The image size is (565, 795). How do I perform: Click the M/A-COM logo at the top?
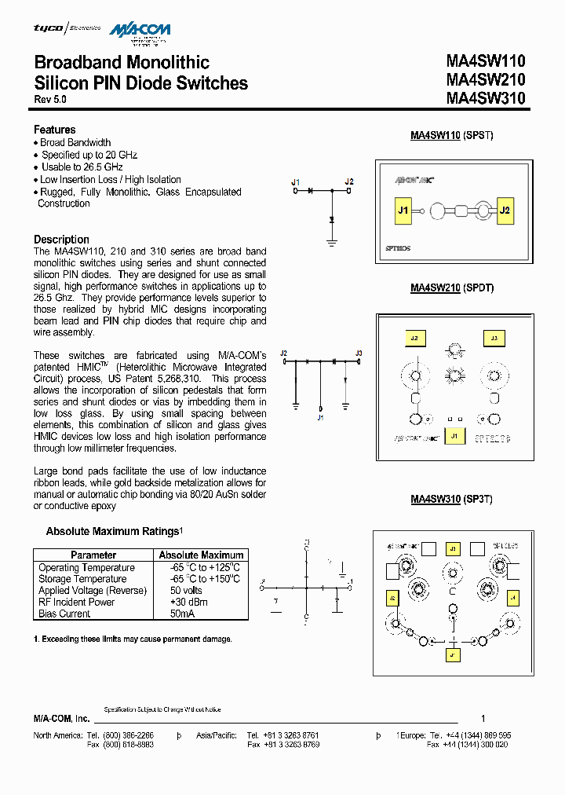pos(140,31)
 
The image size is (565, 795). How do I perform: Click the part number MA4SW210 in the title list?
pos(485,79)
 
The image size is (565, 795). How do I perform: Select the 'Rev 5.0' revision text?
pos(50,100)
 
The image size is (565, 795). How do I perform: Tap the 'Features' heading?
pos(55,130)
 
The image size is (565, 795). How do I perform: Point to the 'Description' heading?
pos(61,240)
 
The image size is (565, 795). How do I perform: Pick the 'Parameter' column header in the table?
pos(93,555)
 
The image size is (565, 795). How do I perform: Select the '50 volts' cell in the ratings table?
pos(186,591)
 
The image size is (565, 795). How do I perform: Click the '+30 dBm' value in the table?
pos(186,602)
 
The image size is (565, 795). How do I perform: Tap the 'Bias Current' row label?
pos(64,614)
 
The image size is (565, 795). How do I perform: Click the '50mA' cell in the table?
pos(182,614)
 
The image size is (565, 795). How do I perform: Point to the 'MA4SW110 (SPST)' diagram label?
pos(452,135)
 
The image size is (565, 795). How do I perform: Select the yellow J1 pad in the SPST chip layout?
pos(403,211)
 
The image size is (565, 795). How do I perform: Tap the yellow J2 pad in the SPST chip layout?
pos(505,211)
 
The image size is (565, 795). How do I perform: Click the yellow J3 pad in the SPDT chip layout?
pos(494,339)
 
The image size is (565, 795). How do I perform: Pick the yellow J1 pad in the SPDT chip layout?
pos(453,436)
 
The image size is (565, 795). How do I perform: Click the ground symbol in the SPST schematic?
pos(332,243)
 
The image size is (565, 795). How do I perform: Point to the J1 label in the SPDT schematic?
pos(320,418)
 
